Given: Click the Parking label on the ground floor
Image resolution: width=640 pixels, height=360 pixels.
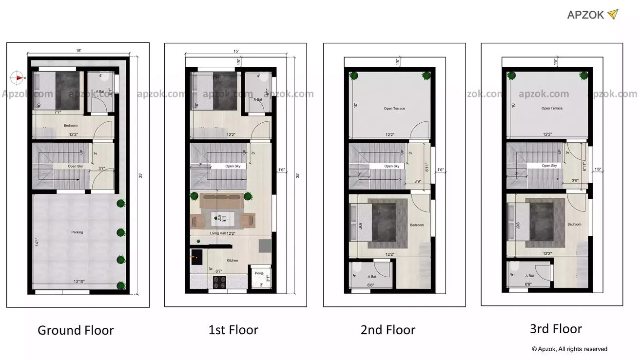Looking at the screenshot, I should [x=77, y=232].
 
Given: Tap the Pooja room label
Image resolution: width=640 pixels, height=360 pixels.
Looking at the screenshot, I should [x=259, y=273].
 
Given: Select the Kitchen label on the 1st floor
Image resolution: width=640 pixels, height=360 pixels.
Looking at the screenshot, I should [x=233, y=261].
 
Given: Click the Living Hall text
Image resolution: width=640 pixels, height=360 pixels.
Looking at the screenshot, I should [x=218, y=234].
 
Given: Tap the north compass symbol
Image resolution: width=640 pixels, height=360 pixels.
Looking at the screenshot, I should [x=18, y=77].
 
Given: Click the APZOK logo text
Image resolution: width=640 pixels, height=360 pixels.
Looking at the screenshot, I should [x=585, y=15].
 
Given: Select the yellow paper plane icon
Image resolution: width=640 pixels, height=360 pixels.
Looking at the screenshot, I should [x=613, y=14].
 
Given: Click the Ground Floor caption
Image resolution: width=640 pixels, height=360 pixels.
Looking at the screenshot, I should [x=76, y=330].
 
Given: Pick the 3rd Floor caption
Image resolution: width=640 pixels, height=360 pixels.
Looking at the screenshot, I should [x=556, y=329].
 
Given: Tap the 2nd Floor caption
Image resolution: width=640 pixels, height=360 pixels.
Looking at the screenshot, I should [x=388, y=330].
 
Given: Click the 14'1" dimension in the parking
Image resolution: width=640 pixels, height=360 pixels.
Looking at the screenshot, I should [x=37, y=242].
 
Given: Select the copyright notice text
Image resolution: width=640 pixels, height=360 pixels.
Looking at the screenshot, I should [x=569, y=349].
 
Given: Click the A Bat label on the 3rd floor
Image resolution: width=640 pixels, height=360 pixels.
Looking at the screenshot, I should [x=529, y=276].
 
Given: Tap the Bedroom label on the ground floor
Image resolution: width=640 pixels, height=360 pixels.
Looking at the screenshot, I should [x=71, y=126].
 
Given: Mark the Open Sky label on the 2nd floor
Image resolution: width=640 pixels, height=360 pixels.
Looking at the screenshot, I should [x=391, y=166].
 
